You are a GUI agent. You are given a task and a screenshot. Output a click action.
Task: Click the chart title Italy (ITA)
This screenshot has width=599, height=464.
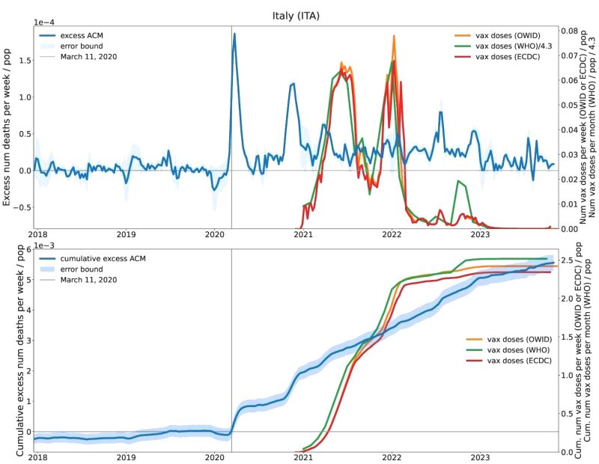pyautogui.click(x=299, y=14)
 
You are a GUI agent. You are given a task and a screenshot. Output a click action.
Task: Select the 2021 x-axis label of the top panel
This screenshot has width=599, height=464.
pyautogui.click(x=303, y=235)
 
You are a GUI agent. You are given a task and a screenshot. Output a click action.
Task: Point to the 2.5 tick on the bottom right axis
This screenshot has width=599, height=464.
pyautogui.click(x=568, y=260)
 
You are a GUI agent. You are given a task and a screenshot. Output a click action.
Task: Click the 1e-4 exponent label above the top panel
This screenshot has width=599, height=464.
pyautogui.click(x=45, y=22)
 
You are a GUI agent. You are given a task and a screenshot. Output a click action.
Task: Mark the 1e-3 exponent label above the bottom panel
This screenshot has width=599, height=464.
pyautogui.click(x=45, y=244)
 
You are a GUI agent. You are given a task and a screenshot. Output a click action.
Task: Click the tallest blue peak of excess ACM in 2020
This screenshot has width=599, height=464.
pyautogui.click(x=234, y=34)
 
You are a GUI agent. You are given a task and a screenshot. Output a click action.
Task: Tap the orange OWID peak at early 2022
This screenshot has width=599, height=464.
pyautogui.click(x=394, y=36)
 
